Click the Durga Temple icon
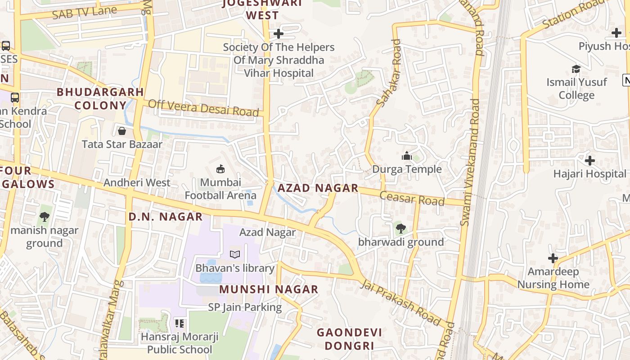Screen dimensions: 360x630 (407, 156)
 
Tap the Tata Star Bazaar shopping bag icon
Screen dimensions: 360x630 (121, 131)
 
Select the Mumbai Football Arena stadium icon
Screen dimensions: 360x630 (220, 169)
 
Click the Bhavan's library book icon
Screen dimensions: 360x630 (234, 255)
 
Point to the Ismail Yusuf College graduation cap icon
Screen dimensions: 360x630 (576, 69)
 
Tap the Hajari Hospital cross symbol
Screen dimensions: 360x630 (589, 160)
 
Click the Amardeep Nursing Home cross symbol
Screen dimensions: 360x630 (553, 258)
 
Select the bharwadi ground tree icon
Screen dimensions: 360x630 (400, 229)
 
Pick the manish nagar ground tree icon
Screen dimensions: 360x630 (44, 217)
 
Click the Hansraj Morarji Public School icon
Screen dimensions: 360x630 (180, 323)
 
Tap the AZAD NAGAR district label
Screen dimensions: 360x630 (318, 188)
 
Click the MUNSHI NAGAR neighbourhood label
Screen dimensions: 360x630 (269, 289)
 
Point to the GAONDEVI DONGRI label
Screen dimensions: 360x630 (349, 339)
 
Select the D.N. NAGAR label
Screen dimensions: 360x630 (166, 216)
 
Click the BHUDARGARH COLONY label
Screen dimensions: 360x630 (100, 99)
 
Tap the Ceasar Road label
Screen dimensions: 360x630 (412, 198)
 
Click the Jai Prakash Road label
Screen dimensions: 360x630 (400, 302)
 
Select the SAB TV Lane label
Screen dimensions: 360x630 (84, 13)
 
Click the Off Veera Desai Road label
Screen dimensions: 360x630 (203, 108)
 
